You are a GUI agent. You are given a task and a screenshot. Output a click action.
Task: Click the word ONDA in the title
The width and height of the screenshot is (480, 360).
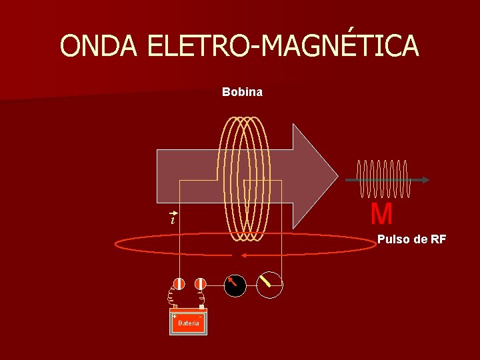pos(99,46)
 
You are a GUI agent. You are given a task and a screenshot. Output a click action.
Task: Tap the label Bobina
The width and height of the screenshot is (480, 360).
pos(242,92)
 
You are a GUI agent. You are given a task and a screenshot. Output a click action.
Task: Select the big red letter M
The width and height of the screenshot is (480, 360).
pos(381,215)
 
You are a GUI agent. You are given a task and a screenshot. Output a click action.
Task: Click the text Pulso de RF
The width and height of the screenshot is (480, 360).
pos(411,239)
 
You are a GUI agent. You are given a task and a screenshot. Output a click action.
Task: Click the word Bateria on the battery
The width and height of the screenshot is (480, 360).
pos(189,323)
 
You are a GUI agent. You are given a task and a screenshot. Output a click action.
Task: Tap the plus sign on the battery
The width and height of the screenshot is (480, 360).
pos(174,315)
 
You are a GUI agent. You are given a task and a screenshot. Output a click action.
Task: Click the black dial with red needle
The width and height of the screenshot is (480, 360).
pos(235,285)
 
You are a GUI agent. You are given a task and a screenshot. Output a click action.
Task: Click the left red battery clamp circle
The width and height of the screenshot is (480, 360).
pos(179,283)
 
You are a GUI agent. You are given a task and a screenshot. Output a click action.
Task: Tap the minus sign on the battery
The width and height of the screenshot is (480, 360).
pos(202,315)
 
